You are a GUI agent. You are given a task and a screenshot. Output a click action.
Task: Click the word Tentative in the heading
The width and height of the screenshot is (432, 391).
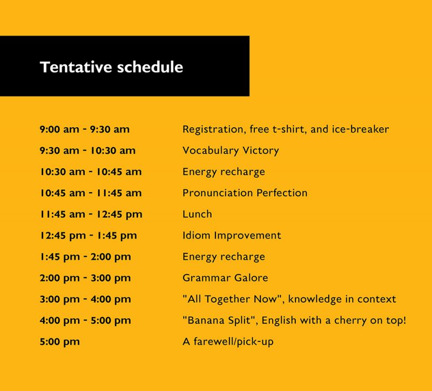76,67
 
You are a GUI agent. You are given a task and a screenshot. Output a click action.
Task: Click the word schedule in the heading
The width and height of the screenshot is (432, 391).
150,67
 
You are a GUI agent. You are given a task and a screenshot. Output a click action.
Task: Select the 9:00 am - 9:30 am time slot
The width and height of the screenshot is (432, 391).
85,129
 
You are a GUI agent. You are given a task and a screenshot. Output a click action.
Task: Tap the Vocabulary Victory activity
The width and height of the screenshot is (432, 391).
231,151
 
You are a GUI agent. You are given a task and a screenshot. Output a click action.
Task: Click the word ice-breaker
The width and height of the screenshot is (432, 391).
360,129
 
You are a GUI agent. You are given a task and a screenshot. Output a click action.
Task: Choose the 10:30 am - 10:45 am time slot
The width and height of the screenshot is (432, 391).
91,172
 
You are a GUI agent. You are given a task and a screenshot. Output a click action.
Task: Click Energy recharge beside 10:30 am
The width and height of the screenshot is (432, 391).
224,172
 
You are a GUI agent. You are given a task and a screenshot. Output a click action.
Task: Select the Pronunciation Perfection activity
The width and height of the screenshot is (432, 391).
245,193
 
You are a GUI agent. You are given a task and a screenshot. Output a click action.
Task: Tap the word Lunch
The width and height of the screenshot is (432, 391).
197,214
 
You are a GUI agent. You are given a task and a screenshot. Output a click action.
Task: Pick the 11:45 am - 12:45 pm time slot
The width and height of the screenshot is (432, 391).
91,215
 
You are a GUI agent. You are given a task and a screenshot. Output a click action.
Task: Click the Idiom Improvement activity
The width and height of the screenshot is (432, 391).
232,235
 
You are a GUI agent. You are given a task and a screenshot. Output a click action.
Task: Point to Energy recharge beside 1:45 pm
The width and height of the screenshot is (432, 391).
224,257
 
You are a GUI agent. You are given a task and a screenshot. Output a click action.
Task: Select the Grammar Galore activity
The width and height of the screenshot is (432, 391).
225,278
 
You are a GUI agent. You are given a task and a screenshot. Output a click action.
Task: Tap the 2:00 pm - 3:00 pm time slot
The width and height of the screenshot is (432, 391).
85,278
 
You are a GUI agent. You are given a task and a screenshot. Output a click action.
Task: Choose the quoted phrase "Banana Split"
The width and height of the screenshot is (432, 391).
220,320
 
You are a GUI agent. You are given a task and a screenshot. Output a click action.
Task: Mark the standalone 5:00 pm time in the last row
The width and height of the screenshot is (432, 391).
60,342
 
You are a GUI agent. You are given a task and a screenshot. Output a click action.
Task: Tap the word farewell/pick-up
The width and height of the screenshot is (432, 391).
233,342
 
